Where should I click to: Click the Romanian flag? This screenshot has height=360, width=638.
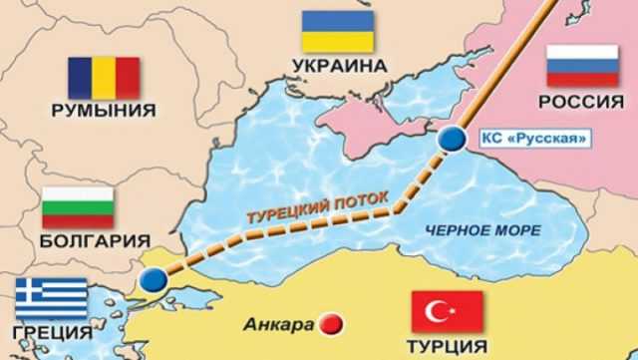[x=104, y=77]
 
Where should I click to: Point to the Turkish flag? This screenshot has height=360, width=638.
[x=448, y=311]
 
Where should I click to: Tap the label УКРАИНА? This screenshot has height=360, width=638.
[x=340, y=66]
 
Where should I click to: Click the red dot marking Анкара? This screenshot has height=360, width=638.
[x=329, y=323]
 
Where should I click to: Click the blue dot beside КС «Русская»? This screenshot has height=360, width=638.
[x=452, y=137]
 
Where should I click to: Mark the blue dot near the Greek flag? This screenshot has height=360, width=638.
[x=153, y=280]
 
